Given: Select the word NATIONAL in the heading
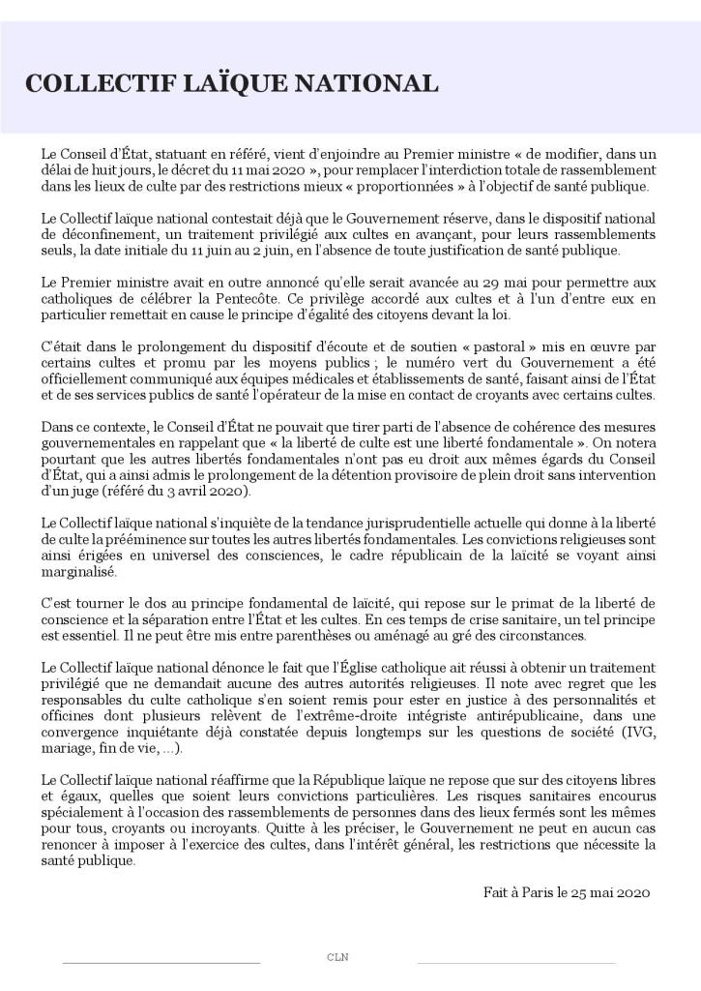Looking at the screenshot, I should point(371,84).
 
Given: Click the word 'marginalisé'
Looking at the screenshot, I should point(81,571).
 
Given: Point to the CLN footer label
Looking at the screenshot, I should point(337,957).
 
